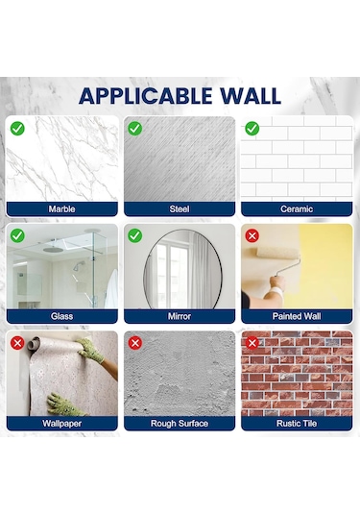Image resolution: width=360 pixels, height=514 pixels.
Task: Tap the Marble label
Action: pyautogui.click(x=62, y=208)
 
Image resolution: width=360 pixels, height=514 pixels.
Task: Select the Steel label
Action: pyautogui.click(x=180, y=208)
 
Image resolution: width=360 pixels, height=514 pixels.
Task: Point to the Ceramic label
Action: pyautogui.click(x=297, y=208)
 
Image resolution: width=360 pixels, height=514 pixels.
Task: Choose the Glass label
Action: pyautogui.click(x=62, y=316)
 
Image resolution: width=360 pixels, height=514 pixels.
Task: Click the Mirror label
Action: pyautogui.click(x=180, y=316)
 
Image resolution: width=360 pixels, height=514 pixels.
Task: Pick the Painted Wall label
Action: pyautogui.click(x=297, y=316)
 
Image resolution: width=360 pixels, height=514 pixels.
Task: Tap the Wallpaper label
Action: pyautogui.click(x=62, y=423)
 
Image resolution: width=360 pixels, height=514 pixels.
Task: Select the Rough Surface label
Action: pyautogui.click(x=180, y=423)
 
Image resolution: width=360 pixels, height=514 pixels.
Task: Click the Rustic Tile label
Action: pyautogui.click(x=297, y=423)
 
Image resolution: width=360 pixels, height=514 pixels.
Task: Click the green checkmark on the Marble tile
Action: pyautogui.click(x=17, y=128)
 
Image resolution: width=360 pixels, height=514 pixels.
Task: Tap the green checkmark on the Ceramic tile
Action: pyautogui.click(x=252, y=128)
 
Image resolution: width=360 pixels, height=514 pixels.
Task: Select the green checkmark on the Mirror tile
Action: pyautogui.click(x=135, y=235)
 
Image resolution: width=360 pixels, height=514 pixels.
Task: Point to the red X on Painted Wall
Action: pyautogui.click(x=252, y=235)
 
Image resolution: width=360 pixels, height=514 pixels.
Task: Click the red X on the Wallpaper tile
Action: pyautogui.click(x=17, y=342)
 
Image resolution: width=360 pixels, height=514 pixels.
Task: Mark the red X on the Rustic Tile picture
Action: pyautogui.click(x=252, y=342)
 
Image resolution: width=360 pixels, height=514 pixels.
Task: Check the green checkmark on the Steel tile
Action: pyautogui.click(x=135, y=128)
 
